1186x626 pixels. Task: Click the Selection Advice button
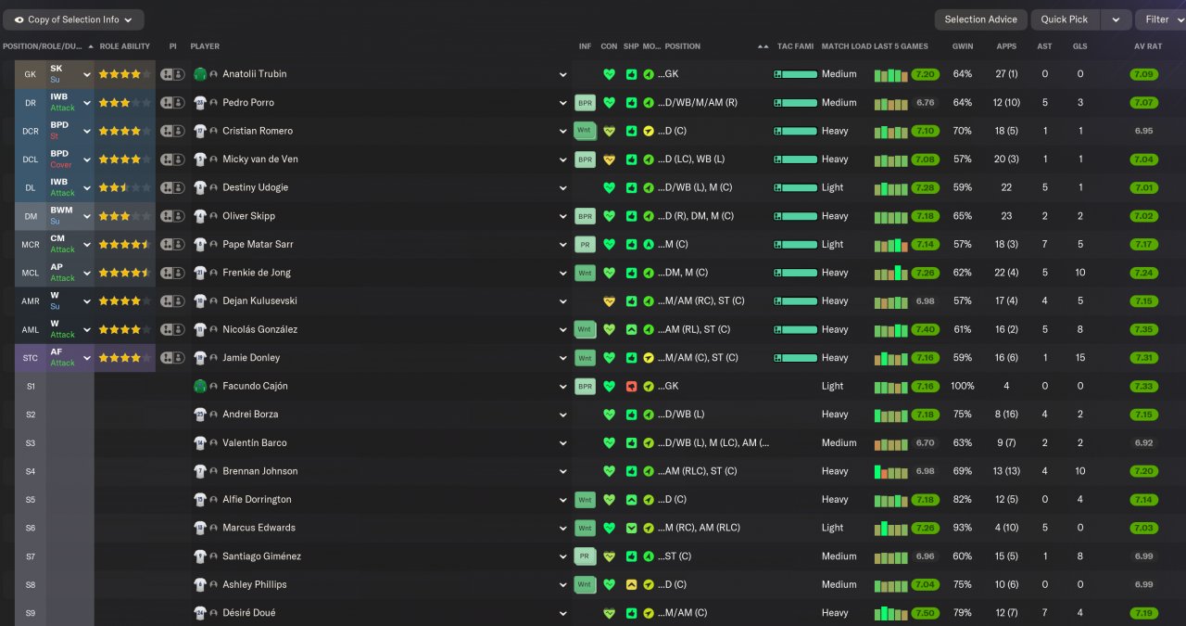[x=980, y=19]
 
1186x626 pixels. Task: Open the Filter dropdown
[x=1159, y=19]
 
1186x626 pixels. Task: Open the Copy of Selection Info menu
[x=73, y=19]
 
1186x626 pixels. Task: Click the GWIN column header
[x=963, y=46]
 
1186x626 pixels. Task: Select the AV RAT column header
[x=1147, y=46]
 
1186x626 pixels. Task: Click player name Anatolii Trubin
[x=255, y=74]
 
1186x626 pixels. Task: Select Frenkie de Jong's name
[x=258, y=273]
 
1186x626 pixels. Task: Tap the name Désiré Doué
[x=248, y=613]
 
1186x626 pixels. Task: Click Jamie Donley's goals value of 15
[x=1079, y=358]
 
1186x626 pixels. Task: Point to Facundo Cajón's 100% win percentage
[x=963, y=386]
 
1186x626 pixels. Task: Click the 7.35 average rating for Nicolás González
[x=1144, y=329]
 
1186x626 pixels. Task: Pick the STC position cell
[x=31, y=358]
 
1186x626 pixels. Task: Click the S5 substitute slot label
[x=31, y=500]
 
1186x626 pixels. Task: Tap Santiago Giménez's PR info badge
[x=585, y=556]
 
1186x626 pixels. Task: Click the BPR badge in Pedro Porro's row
[x=585, y=103]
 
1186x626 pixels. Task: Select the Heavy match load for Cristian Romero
[x=834, y=131]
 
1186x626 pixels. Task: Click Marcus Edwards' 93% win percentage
[x=963, y=528]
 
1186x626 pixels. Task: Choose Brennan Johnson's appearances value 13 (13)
[x=1006, y=471]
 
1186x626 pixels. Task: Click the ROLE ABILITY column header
[x=124, y=46]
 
